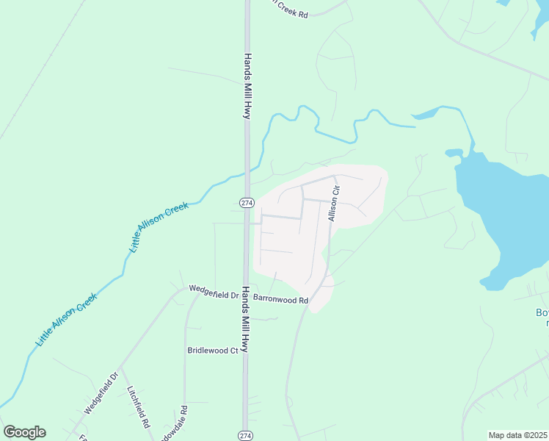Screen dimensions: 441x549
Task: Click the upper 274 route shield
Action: (x=246, y=202)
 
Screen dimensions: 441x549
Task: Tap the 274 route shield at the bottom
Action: (x=246, y=435)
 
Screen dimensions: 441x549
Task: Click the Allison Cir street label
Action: (x=333, y=204)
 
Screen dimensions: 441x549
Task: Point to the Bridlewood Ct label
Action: (x=213, y=351)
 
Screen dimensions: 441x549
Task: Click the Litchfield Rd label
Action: (x=138, y=408)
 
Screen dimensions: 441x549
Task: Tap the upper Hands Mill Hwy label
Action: (x=248, y=86)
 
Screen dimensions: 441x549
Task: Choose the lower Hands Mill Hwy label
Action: (x=246, y=320)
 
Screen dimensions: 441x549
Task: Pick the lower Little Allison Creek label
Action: (x=67, y=320)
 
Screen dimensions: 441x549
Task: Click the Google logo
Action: (x=24, y=432)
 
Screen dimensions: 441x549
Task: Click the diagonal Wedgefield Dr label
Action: (x=101, y=393)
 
